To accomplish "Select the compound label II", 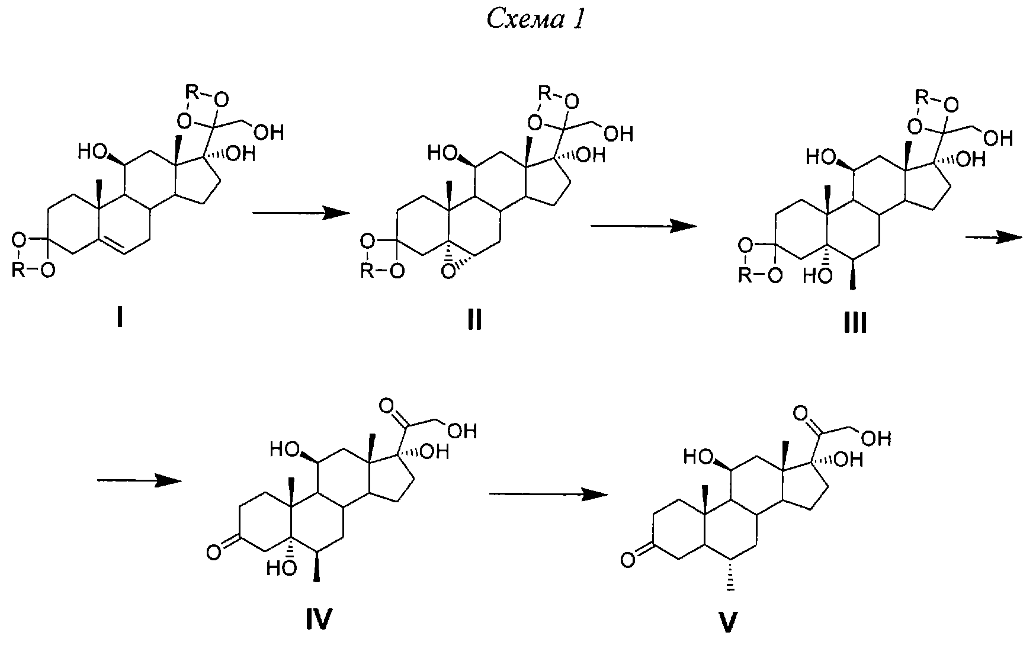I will (474, 320).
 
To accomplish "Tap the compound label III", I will (854, 324).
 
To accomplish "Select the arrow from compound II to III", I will (643, 226).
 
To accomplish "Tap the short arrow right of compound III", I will (993, 237).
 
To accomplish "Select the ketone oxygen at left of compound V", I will (628, 558).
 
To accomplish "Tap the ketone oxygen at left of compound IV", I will (214, 553).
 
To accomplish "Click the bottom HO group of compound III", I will (818, 275).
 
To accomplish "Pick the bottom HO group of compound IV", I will (281, 569).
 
